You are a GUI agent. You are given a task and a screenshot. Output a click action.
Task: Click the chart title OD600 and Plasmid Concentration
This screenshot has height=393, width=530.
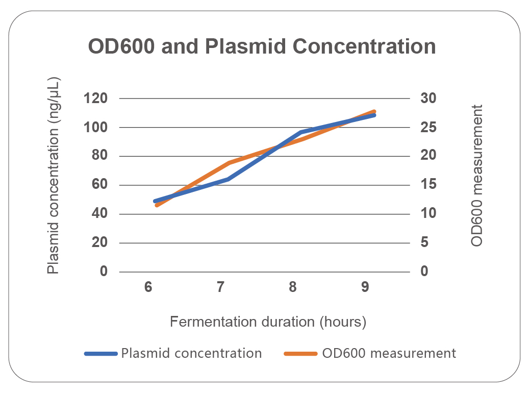(x=262, y=47)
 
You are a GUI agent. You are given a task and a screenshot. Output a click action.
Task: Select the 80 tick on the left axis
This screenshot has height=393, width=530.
(x=100, y=156)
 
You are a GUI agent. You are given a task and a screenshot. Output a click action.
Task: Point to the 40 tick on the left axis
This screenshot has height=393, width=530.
(x=100, y=214)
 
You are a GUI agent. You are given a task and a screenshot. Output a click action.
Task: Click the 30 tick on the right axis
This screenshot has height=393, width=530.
(x=428, y=99)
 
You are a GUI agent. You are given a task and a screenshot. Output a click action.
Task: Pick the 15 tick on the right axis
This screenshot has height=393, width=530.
(x=428, y=185)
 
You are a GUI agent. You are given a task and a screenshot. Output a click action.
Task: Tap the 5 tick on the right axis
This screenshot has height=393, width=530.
(x=424, y=243)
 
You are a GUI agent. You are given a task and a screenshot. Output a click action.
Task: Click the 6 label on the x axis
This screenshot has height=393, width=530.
(x=148, y=287)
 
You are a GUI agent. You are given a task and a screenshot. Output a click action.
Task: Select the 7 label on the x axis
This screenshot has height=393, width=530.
(x=220, y=287)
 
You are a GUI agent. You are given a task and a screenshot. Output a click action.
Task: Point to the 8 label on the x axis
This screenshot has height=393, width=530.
(x=293, y=287)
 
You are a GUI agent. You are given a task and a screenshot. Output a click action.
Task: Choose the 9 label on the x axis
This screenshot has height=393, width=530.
(x=365, y=287)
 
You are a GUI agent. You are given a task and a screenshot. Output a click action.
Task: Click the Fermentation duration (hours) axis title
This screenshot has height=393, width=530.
(x=268, y=322)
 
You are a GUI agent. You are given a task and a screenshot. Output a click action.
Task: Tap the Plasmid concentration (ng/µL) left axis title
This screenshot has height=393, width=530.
(x=54, y=176)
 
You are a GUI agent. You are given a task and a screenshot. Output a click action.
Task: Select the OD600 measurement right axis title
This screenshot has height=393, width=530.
(x=477, y=176)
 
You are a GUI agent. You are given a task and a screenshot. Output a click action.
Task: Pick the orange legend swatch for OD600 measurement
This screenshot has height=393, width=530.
(x=301, y=353)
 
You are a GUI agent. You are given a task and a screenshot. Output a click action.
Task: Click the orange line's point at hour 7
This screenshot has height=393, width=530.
(x=228, y=163)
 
